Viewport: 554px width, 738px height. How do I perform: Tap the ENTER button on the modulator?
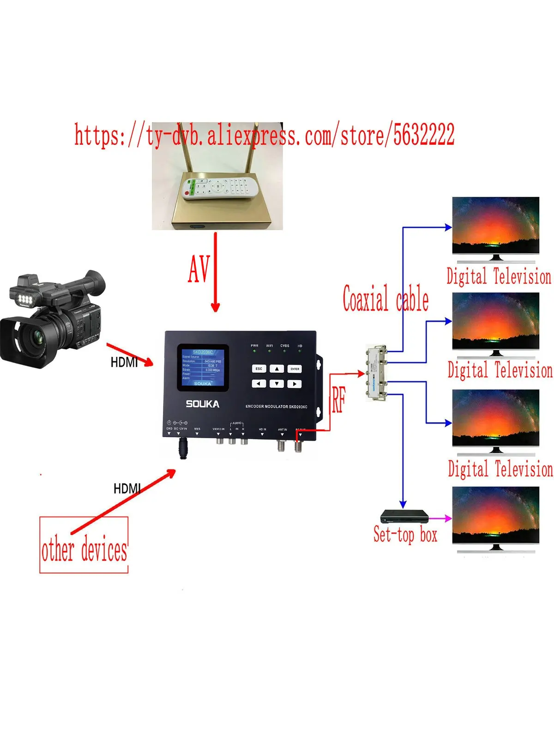point(295,369)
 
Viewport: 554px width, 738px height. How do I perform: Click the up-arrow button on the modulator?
point(277,369)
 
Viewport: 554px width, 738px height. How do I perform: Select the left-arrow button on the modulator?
point(259,384)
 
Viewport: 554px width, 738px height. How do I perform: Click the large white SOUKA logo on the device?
point(202,404)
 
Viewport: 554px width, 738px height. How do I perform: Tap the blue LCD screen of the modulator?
point(203,368)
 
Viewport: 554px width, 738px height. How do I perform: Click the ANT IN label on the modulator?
point(282,429)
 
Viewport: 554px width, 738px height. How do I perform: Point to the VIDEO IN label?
point(218,429)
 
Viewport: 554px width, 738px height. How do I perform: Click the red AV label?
point(199,269)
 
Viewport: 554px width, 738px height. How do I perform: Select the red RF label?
point(338,399)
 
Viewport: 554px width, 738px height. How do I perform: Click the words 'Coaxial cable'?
point(385,299)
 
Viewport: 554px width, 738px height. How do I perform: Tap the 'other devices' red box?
point(84,545)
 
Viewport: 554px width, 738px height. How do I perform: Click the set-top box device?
point(404,516)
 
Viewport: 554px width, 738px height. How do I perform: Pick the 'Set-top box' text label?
point(405,535)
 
